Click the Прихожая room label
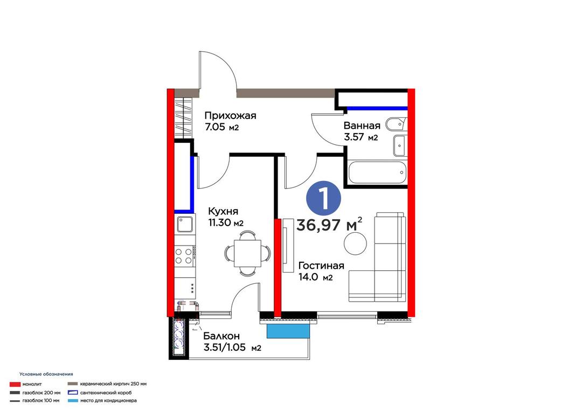230,115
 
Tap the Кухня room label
223,211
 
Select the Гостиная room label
321,266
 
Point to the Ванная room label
362,126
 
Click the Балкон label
221,336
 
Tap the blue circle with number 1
324,198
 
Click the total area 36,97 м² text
329,224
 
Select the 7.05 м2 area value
221,127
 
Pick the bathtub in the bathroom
377,172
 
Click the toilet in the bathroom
397,124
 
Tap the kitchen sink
185,224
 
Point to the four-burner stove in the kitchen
184,255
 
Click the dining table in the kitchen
247,253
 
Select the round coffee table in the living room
355,243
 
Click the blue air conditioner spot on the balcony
288,331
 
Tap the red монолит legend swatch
15,384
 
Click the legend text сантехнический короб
106,393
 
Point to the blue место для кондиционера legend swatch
73,401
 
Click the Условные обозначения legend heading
46,374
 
